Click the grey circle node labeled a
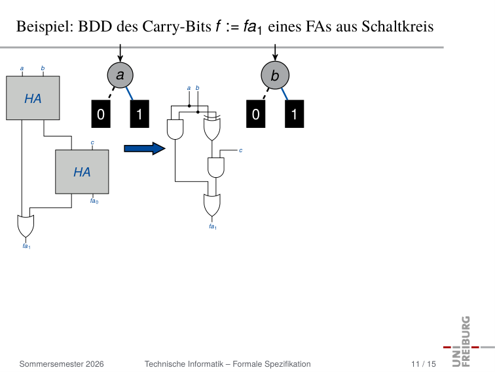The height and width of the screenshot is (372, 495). (120, 75)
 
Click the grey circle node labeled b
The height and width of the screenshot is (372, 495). (275, 75)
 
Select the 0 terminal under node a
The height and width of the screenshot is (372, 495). (101, 114)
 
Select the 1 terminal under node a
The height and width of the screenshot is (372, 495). (139, 114)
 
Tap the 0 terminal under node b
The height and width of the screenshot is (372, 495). (256, 114)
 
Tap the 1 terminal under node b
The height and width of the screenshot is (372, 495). (294, 114)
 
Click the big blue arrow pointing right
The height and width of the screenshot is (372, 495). (145, 149)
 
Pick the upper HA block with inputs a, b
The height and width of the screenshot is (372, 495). (33, 98)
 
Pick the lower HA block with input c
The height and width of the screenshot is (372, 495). (82, 172)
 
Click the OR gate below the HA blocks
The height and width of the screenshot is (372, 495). (26, 226)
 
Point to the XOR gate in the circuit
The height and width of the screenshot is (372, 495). (212, 127)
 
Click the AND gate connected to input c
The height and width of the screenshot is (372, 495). (216, 168)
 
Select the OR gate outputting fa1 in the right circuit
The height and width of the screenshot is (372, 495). (212, 205)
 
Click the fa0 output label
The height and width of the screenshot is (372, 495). (94, 201)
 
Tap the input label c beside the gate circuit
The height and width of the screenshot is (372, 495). (240, 150)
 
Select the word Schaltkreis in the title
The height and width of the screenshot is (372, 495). (397, 26)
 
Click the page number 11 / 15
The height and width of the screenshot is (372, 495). (424, 364)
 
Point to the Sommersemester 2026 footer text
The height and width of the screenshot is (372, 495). (62, 364)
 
